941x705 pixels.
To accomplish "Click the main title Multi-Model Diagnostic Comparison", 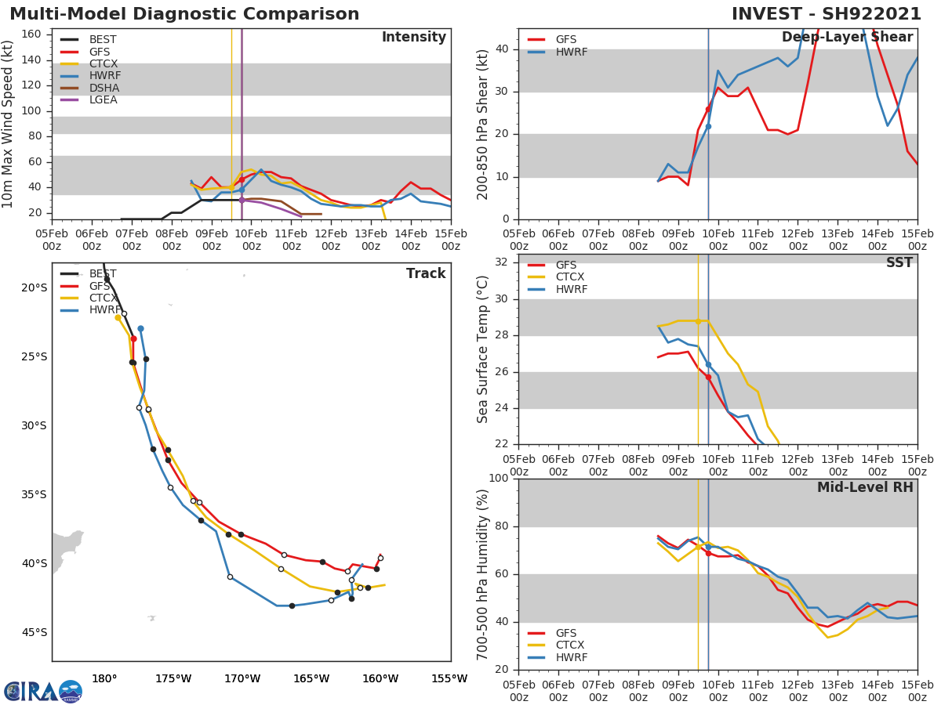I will [x=184, y=14].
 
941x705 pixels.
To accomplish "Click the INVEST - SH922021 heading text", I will [x=832, y=14].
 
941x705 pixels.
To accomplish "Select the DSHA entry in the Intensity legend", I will [x=104, y=88].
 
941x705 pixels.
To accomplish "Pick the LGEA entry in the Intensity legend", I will [x=104, y=99].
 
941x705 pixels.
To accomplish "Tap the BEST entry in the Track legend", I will [x=102, y=273].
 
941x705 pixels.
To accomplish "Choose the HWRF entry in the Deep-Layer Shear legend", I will [x=571, y=52].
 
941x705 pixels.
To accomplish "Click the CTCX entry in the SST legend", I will [x=571, y=277].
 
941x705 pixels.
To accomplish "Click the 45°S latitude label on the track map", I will [x=34, y=632].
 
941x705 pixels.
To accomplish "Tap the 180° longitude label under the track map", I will [x=104, y=678].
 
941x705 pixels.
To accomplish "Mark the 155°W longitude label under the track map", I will [x=449, y=678].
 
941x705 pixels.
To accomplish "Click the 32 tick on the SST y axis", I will [x=501, y=262].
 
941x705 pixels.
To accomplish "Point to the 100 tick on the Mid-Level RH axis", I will [x=496, y=478].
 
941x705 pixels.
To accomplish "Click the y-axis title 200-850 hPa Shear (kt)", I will [x=483, y=124].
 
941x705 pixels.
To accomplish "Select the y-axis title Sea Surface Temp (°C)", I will [x=483, y=349].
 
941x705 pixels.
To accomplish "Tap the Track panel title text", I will [x=425, y=273].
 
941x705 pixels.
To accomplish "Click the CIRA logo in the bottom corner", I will [x=43, y=691].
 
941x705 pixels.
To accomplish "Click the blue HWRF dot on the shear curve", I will [x=708, y=126].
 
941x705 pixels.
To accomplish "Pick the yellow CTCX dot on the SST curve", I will [x=698, y=321].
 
